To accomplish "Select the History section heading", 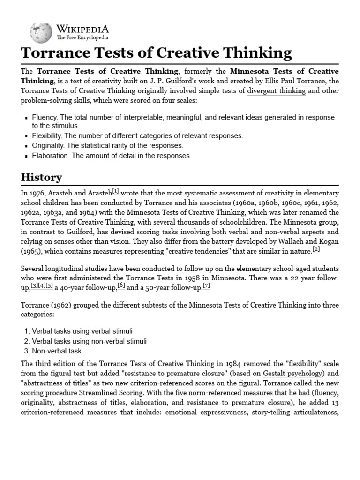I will click(x=41, y=177).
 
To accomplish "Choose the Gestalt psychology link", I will click(x=292, y=374).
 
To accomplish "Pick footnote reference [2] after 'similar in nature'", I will click(x=316, y=249).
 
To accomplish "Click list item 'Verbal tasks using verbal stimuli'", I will click(x=82, y=331).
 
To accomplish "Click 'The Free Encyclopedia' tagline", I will click(x=82, y=37).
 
